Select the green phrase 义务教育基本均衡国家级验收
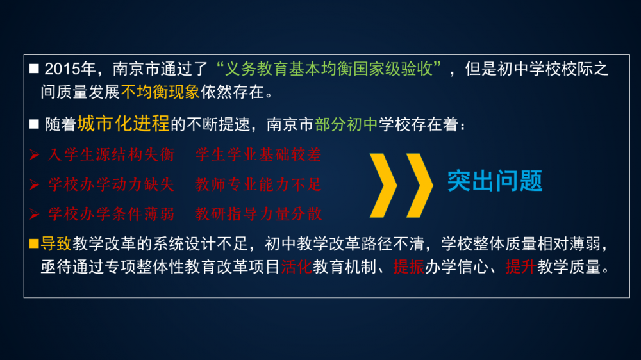tap(329, 69)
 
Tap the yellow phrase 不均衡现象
tap(160, 92)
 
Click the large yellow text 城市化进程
tap(123, 124)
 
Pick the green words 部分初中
tap(346, 125)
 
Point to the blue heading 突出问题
tap(495, 181)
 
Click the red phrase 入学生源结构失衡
tap(111, 155)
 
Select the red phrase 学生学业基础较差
tap(258, 155)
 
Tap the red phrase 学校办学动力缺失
tap(111, 184)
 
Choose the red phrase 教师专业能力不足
tap(258, 184)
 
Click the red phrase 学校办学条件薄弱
tap(111, 214)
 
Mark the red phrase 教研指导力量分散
tap(258, 214)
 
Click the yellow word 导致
tap(56, 244)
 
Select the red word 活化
tap(296, 267)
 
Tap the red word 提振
tap(409, 267)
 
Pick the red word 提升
tap(520, 267)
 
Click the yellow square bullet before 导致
tap(34, 244)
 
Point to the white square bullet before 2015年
tap(34, 69)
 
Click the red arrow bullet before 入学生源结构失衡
tap(35, 155)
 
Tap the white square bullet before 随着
tap(34, 124)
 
